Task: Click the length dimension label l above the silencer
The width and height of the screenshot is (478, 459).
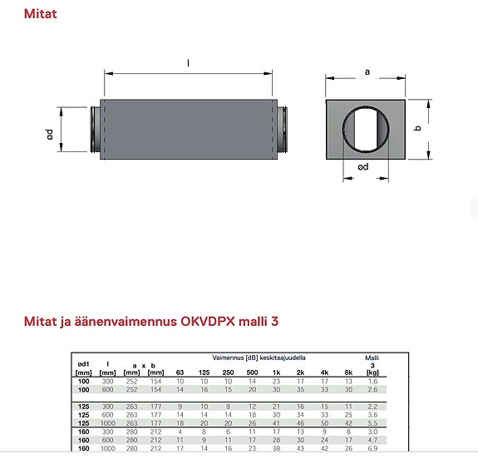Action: tap(190, 63)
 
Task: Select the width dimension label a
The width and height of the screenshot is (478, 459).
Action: tap(367, 72)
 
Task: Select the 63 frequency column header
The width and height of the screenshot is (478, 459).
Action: tap(180, 373)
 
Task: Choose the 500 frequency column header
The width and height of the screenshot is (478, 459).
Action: tap(252, 373)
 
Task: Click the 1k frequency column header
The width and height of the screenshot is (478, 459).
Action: tap(276, 373)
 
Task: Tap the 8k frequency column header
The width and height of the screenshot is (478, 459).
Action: tap(348, 373)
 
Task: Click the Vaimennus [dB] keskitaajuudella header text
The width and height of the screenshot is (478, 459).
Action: tap(259, 357)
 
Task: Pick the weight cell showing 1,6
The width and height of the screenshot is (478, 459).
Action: tap(373, 381)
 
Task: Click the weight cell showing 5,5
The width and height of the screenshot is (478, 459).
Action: tap(373, 424)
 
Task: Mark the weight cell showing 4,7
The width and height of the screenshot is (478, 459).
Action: tap(373, 440)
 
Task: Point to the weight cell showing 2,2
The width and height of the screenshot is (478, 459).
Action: tap(373, 405)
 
